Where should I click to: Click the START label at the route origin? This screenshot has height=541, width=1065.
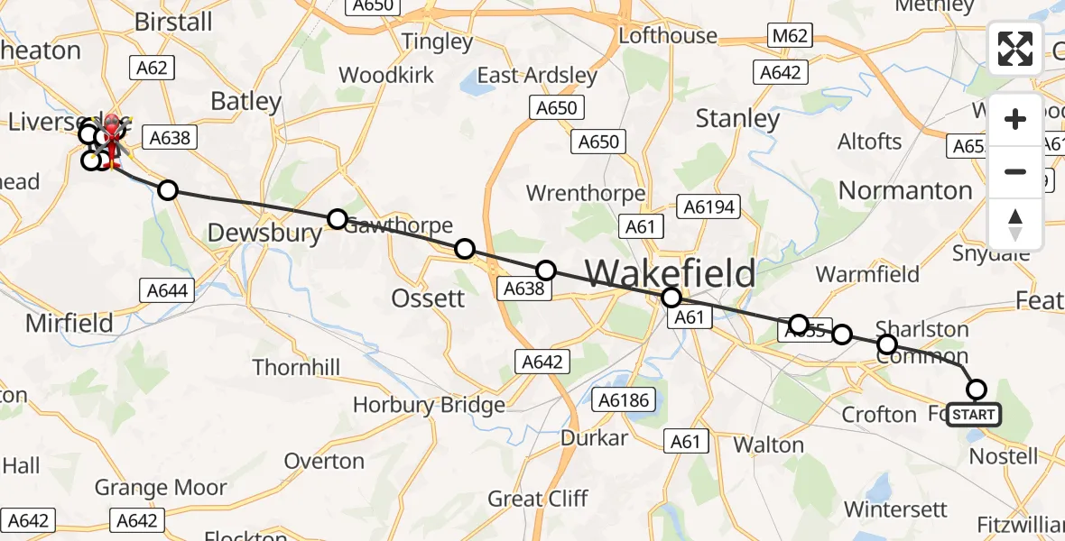(x=975, y=415)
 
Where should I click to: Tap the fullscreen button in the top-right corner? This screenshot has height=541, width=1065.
(x=1015, y=49)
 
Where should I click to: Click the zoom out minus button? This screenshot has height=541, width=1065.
(x=1015, y=171)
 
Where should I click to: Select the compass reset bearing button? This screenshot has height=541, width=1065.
(x=1015, y=224)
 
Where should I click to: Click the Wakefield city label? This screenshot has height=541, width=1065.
(x=671, y=271)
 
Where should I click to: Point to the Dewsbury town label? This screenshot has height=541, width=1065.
(x=264, y=234)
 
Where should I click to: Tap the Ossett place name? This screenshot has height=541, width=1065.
(x=429, y=298)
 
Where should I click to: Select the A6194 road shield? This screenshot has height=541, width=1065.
(x=711, y=207)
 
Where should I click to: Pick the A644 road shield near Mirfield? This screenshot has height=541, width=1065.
(x=166, y=290)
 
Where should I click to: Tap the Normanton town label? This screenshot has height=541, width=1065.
(x=905, y=190)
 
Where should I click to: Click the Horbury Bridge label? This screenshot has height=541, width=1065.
(x=429, y=405)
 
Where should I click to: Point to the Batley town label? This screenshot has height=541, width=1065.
(x=245, y=102)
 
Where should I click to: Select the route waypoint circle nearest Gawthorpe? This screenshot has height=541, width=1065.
(x=337, y=219)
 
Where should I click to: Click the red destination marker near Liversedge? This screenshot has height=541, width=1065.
(x=112, y=133)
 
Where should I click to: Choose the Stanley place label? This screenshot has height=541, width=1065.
(x=737, y=118)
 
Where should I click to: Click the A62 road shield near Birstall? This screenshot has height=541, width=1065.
(x=151, y=67)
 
